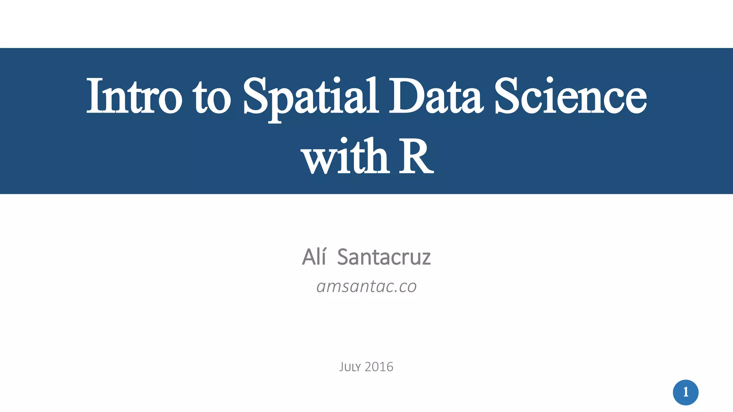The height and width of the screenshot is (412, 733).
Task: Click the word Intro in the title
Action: pos(134,96)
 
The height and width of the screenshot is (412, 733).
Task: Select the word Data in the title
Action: pos(436,96)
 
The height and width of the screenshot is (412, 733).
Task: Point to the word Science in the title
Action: pos(571,96)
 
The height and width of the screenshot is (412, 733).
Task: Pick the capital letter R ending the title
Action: pos(416,157)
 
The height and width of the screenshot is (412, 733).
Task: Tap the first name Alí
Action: pos(314,257)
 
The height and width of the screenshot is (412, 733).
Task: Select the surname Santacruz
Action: pos(384,257)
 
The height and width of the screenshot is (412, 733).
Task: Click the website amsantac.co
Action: pos(366,286)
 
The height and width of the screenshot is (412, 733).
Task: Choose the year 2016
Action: pos(379,367)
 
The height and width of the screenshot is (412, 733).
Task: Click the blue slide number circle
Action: pos(685,392)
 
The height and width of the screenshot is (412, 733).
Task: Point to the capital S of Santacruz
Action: pos(344,257)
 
